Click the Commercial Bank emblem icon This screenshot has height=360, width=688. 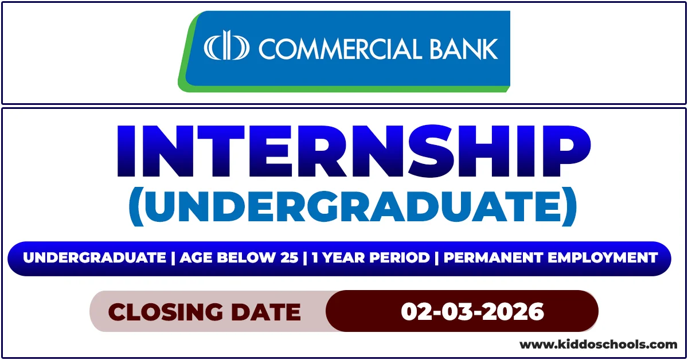pyautogui.click(x=227, y=48)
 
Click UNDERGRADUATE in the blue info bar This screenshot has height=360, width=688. pyautogui.click(x=94, y=258)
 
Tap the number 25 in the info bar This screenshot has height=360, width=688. pyautogui.click(x=290, y=258)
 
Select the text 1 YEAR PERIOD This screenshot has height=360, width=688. pyautogui.click(x=369, y=258)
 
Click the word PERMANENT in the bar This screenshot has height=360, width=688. pyautogui.click(x=494, y=258)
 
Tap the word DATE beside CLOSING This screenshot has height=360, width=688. pyautogui.click(x=269, y=312)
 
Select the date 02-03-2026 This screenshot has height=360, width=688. pyautogui.click(x=472, y=312)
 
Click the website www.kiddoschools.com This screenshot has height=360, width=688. pyautogui.click(x=598, y=345)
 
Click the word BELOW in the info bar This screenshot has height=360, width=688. pyautogui.click(x=249, y=258)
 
